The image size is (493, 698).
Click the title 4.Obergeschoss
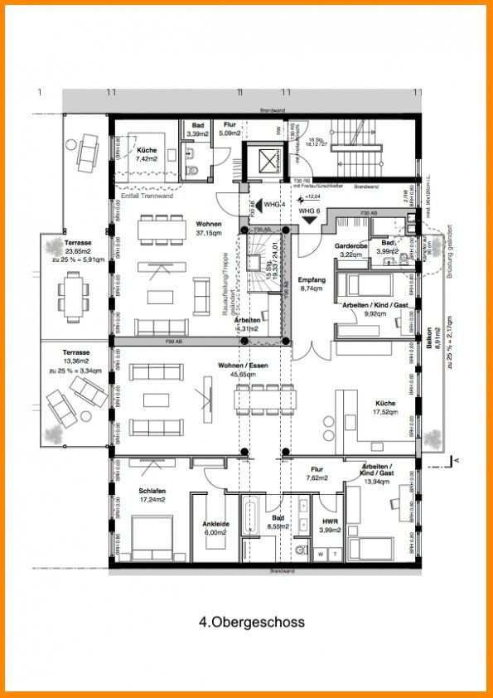(x=251, y=622)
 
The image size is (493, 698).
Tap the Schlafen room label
(x=152, y=495)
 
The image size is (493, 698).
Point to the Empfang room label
(x=310, y=284)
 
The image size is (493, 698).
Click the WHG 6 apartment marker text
(x=310, y=212)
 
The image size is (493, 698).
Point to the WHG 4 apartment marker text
(x=273, y=203)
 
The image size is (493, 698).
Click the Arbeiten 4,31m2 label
(x=246, y=323)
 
